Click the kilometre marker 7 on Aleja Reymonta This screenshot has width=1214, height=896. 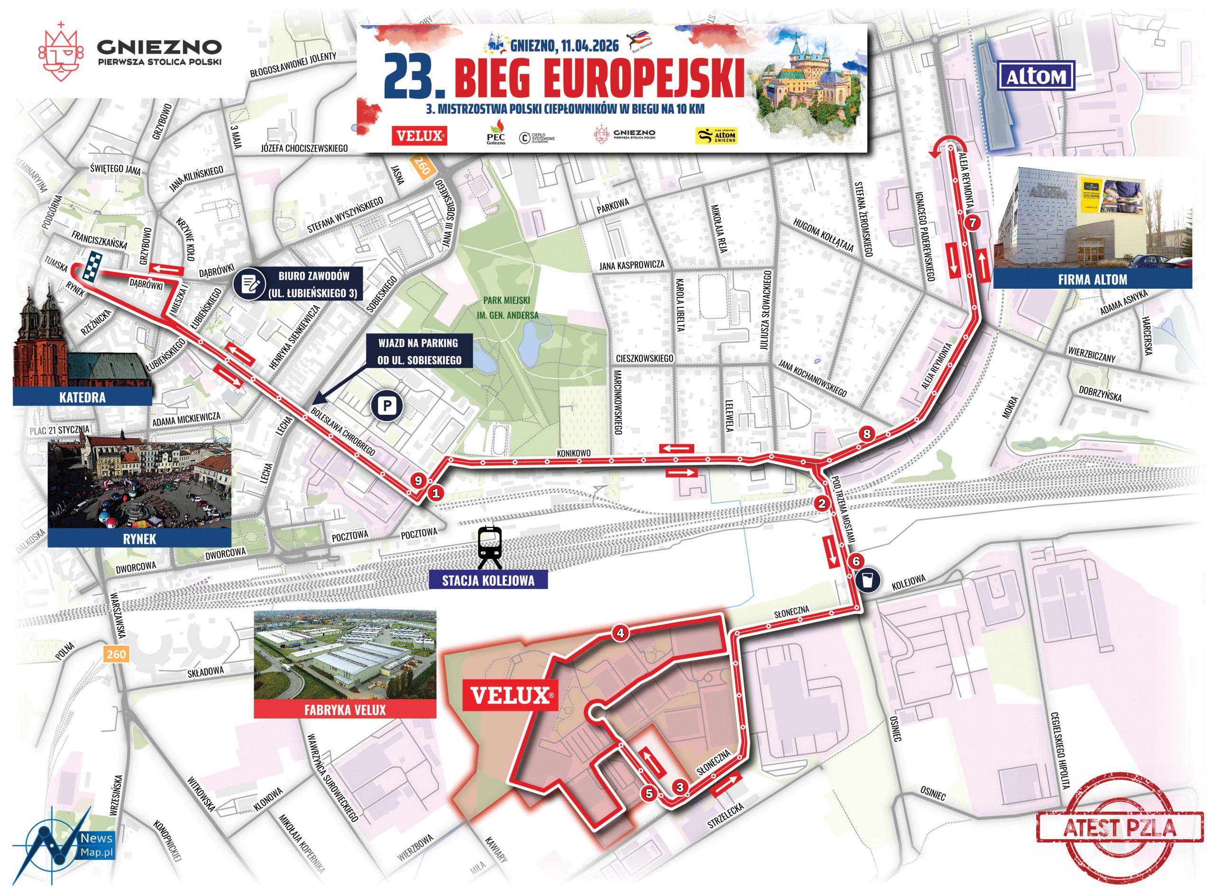pyautogui.click(x=972, y=222)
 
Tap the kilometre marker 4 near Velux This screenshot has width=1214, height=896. pyautogui.click(x=620, y=633)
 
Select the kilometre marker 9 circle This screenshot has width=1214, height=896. pyautogui.click(x=417, y=481)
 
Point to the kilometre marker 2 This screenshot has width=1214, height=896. pyautogui.click(x=822, y=504)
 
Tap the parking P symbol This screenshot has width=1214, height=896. pyautogui.click(x=387, y=405)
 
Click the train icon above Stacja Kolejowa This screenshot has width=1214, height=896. pyautogui.click(x=489, y=548)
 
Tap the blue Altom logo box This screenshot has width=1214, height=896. pyautogui.click(x=1036, y=76)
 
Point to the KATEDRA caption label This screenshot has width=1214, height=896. pyautogui.click(x=83, y=397)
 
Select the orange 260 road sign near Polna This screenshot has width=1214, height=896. pyautogui.click(x=116, y=654)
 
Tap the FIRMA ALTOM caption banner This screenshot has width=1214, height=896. pyautogui.click(x=1092, y=280)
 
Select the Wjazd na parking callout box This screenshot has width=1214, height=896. pyautogui.click(x=419, y=351)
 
